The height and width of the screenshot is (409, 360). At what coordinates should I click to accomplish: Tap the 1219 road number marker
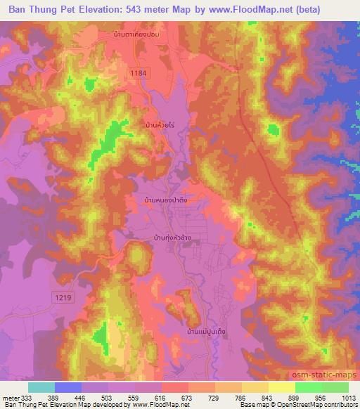[x=63, y=298]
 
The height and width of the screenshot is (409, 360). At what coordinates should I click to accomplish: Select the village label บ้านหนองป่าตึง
[x=171, y=200]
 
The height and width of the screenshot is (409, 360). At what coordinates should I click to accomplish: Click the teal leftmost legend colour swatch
[x=41, y=387]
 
